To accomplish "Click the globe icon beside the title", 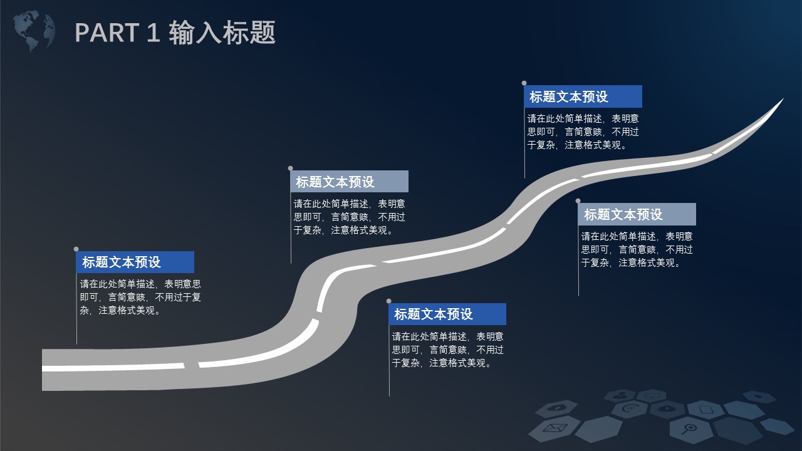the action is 34,31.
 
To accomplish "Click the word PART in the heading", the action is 107,33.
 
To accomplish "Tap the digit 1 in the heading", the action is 153,33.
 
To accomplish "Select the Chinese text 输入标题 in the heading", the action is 222,33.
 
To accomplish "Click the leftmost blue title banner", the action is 135,262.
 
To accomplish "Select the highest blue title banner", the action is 583,96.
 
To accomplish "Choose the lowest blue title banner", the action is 447,314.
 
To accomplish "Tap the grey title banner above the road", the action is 350,182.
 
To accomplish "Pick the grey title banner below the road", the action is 637,214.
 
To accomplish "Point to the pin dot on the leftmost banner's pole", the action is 76,249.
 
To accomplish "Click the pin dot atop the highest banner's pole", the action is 524,83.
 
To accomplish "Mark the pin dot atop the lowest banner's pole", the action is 389,301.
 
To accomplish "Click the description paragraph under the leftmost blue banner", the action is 140,297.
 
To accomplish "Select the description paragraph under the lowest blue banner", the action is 447,350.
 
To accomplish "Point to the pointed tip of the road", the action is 783,99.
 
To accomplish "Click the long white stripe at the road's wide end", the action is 113,367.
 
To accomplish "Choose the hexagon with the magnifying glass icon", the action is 689,429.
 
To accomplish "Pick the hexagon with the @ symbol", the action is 630,408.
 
